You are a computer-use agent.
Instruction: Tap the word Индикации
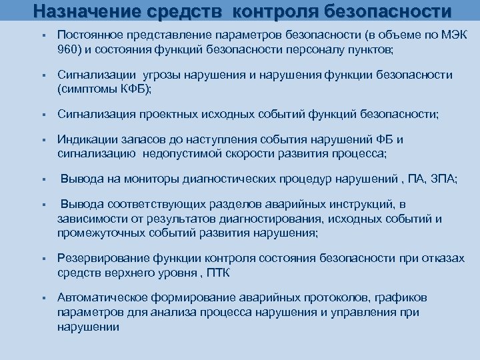(85, 140)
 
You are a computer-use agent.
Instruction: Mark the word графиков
(400, 297)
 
